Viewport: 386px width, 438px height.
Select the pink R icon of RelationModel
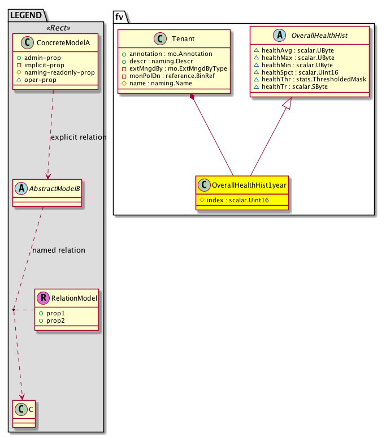(x=43, y=298)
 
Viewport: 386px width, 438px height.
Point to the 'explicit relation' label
(x=79, y=137)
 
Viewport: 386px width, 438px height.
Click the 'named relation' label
(x=59, y=250)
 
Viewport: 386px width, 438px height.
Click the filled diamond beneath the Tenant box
(x=193, y=98)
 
